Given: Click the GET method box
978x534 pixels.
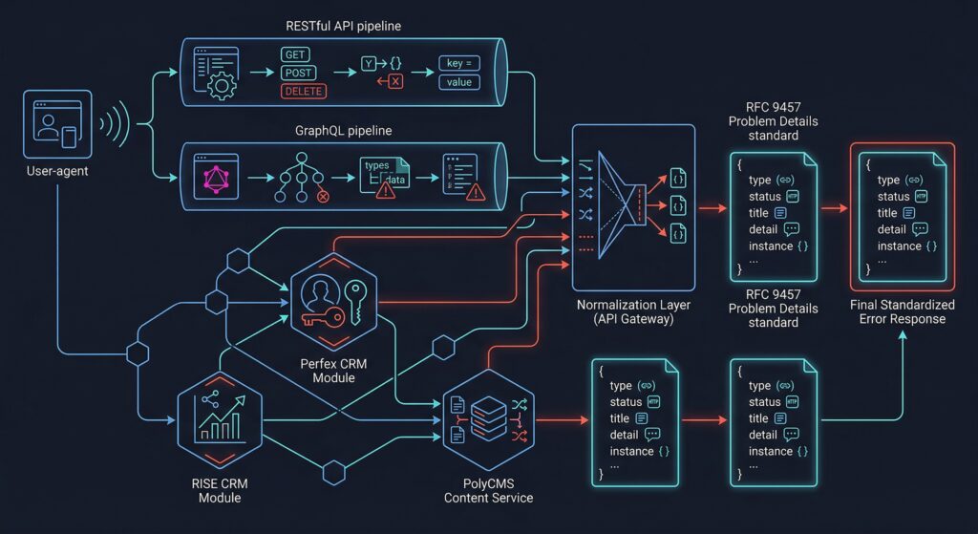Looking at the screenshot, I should [295, 54].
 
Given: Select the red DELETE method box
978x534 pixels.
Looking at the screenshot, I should [303, 92].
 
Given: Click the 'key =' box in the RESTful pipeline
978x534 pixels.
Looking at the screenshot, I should [458, 63].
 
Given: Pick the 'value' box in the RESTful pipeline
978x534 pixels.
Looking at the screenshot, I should [458, 82].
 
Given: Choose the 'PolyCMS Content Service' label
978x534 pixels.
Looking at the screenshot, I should [488, 490].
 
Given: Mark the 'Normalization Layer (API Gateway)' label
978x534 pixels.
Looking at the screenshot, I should [633, 312].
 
